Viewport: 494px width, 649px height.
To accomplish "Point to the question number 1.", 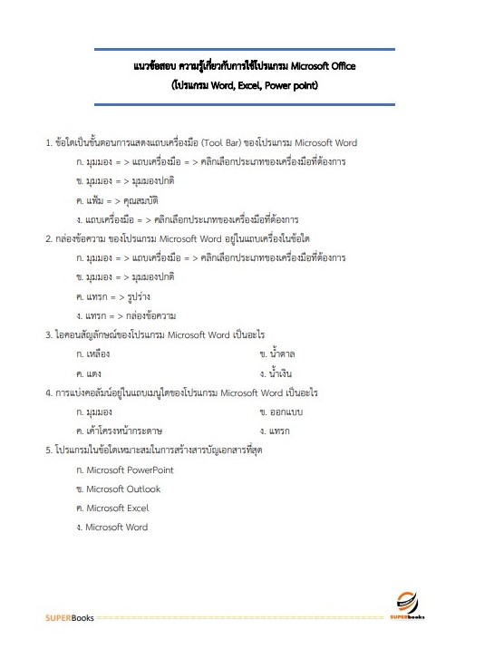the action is (x=48, y=143).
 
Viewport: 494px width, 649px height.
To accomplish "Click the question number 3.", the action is (x=48, y=335).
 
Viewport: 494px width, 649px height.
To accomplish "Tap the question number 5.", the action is (x=48, y=450).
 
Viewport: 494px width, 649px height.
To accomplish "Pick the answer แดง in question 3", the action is (x=94, y=373).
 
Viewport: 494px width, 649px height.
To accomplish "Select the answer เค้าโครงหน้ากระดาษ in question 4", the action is (x=123, y=431).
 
